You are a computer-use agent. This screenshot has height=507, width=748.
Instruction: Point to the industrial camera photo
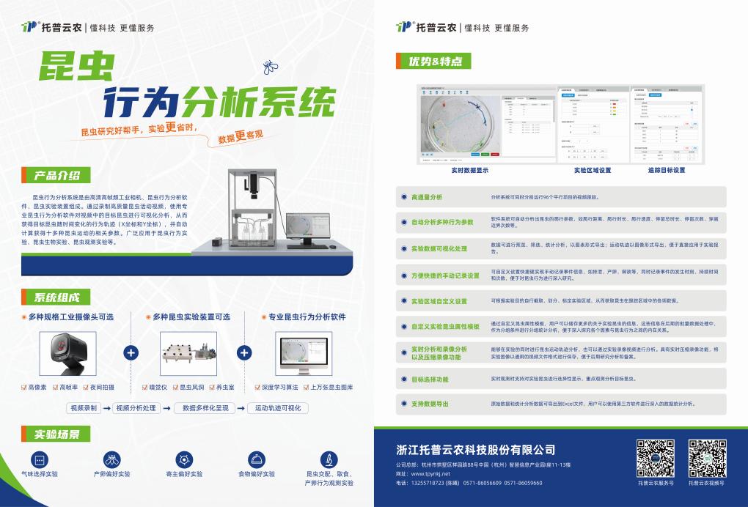tap(70, 352)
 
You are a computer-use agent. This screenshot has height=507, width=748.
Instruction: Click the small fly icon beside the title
tap(270, 68)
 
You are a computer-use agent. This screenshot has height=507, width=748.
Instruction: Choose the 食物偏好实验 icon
tap(257, 459)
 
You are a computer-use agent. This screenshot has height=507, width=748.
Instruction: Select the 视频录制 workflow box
tap(82, 408)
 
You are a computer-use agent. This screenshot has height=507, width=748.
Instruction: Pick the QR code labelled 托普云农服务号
tap(655, 458)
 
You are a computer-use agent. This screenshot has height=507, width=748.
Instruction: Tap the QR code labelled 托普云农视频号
tap(707, 458)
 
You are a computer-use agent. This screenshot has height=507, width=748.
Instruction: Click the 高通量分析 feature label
tap(426, 197)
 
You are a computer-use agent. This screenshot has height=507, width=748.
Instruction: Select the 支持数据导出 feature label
tap(430, 404)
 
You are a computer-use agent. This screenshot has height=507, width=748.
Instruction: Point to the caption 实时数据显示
tap(470, 170)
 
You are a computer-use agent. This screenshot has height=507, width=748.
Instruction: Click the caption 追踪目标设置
tap(666, 170)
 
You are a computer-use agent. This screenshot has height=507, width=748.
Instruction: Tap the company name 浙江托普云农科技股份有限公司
tap(475, 450)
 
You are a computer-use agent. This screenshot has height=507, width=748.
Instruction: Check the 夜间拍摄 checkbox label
tap(103, 387)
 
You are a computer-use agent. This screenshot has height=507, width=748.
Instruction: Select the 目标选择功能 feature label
tap(430, 380)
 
